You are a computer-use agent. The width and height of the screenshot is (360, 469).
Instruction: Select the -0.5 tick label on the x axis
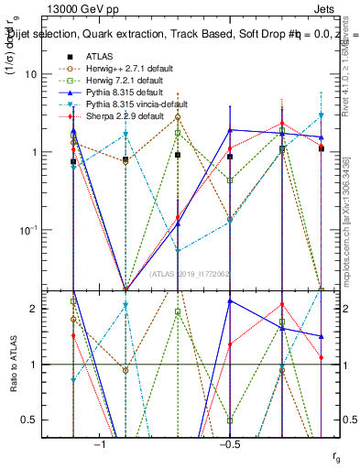pos(229,444)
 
